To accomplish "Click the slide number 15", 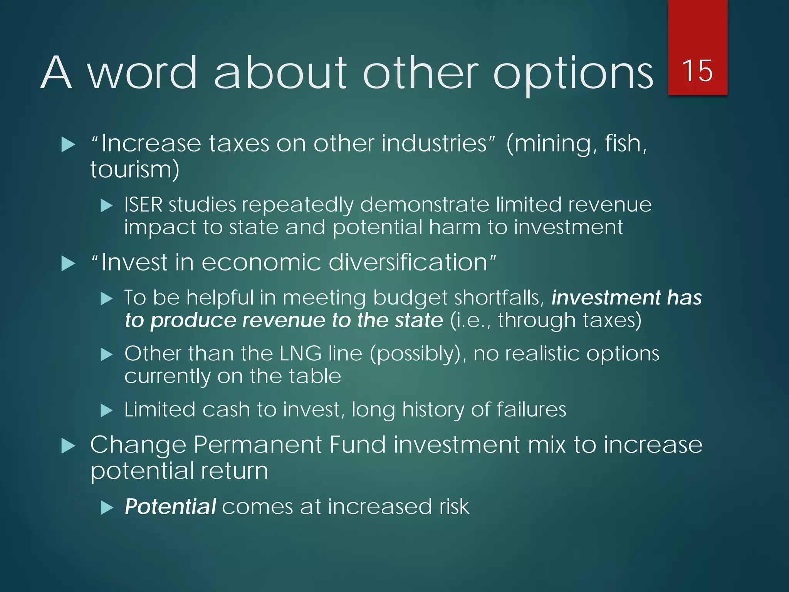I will coord(697,71).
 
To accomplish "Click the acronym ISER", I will coord(143,205).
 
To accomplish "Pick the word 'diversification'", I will coord(408,262).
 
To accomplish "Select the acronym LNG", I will coord(300,353).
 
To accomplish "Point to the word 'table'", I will coord(315,376).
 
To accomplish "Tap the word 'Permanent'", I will coord(257,445).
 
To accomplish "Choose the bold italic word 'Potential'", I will coord(170,506).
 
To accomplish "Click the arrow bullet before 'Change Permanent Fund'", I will coord(68,446).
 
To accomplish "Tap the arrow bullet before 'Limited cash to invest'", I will coord(106,410).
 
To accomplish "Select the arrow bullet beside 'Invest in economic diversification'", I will coord(68,264).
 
